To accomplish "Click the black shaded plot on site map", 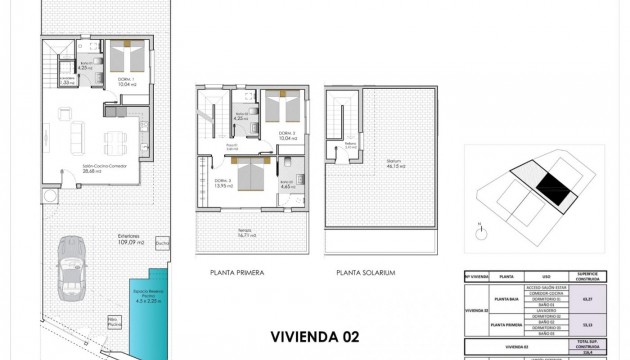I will pos(546,184).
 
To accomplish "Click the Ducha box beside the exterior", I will pos(162,239).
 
